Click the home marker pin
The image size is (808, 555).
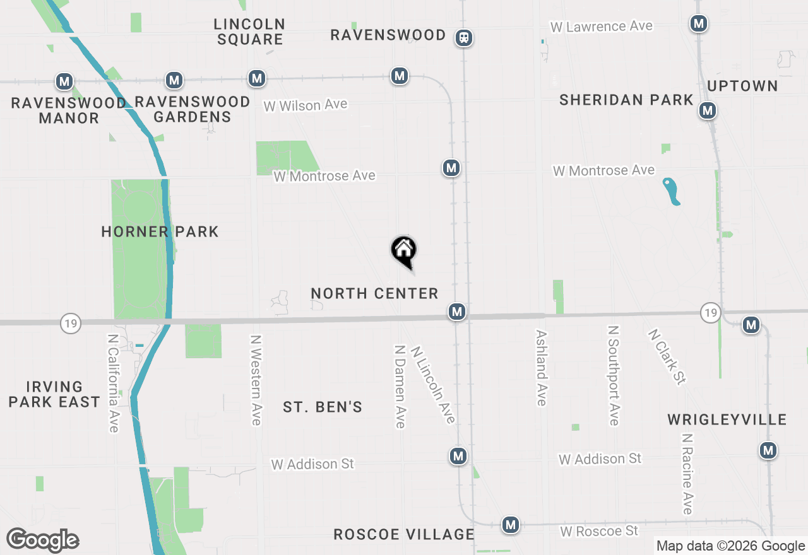[404, 251]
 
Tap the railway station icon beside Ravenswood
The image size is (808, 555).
[465, 38]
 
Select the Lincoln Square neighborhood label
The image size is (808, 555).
[249, 32]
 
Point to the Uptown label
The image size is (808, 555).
[742, 86]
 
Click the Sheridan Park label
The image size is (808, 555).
[626, 100]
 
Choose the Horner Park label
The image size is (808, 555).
[160, 231]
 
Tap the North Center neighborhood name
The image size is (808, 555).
[374, 293]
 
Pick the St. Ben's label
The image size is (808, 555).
[323, 407]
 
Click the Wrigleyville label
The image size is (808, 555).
[727, 419]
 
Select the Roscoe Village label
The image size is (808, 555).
[404, 534]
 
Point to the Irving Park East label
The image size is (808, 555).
[54, 394]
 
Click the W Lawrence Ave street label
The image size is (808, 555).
[601, 26]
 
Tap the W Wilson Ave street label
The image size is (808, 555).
[306, 105]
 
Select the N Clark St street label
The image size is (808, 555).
[667, 356]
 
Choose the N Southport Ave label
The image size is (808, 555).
[613, 375]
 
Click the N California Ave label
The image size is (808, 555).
[114, 383]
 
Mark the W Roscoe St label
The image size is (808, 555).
[599, 531]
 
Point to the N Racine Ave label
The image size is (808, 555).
[687, 474]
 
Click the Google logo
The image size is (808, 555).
[42, 540]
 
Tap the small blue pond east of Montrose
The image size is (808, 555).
[672, 191]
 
